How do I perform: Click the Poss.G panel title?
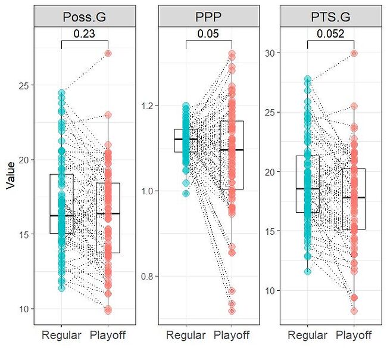pos(85,17)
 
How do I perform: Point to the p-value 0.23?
pos(85,34)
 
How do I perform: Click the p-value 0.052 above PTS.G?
pos(330,34)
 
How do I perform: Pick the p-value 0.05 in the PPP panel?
pos(208,34)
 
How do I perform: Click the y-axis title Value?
pos(10,177)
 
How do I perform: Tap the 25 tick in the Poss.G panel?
pos(23,85)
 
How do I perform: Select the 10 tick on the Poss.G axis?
pos(23,309)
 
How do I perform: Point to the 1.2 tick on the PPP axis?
pos(146,106)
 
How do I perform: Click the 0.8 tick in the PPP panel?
pos(146,277)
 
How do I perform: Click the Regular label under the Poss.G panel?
pos(61,336)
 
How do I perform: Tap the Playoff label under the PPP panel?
pos(231,336)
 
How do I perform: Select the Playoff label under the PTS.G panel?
pos(354,336)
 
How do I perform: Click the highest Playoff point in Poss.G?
pos(108,53)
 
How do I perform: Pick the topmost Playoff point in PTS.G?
pos(354,53)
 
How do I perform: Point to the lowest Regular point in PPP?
pos(186,193)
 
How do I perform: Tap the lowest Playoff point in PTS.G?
pos(354,311)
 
